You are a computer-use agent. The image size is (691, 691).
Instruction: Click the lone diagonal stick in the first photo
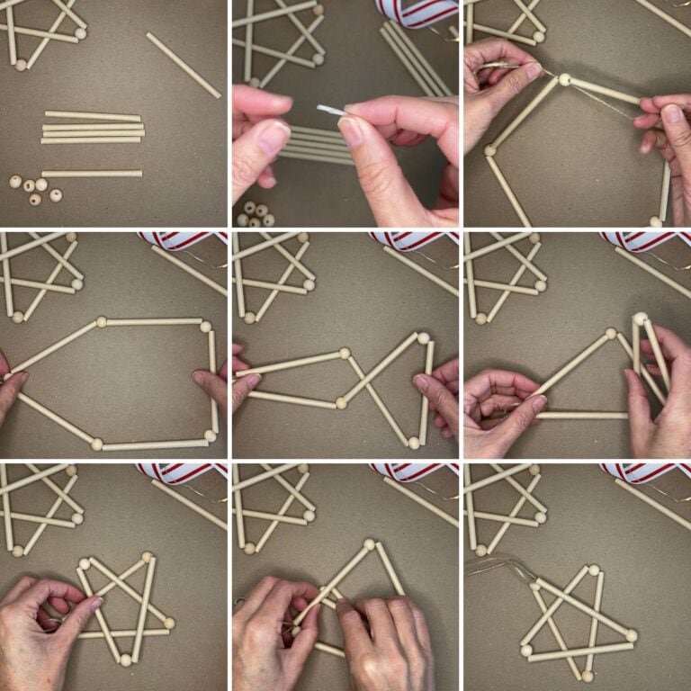pyautogui.click(x=183, y=65)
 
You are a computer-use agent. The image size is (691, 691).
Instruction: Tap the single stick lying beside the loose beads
pyautogui.click(x=92, y=174)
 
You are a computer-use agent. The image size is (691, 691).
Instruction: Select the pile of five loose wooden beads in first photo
pyautogui.click(x=35, y=188)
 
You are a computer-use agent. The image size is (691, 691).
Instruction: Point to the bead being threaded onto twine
pyautogui.click(x=564, y=79)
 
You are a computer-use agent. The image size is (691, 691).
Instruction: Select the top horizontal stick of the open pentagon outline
pyautogui.click(x=153, y=321)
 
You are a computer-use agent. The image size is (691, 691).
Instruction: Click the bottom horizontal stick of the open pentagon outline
pyautogui.click(x=153, y=444)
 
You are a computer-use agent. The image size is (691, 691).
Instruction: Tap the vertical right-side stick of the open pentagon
pyautogui.click(x=213, y=382)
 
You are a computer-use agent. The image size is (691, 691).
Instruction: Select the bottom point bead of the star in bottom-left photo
pyautogui.click(x=126, y=660)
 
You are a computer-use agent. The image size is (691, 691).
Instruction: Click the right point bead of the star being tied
pyautogui.click(x=168, y=623)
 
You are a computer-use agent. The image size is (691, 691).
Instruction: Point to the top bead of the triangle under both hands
pyautogui.click(x=368, y=544)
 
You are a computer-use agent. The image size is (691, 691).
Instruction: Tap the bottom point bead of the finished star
pyautogui.click(x=587, y=675)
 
